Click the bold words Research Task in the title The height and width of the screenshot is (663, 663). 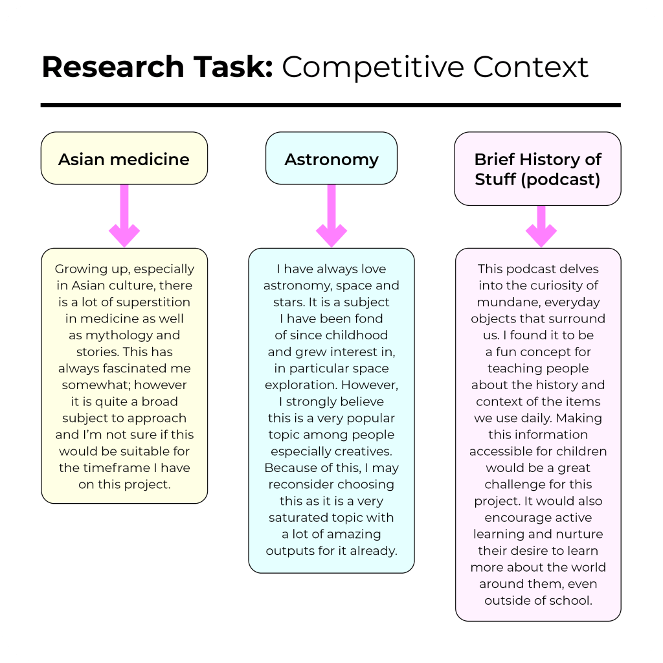coord(157,67)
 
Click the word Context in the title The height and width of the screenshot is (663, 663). coord(529,67)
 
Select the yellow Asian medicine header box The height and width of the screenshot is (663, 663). coord(124,159)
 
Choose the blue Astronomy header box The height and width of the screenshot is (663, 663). coord(331,159)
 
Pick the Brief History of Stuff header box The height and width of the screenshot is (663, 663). coord(537,169)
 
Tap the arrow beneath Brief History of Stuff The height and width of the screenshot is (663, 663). coord(541,227)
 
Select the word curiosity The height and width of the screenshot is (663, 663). coord(553,286)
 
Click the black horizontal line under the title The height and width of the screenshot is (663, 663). coord(330,104)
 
